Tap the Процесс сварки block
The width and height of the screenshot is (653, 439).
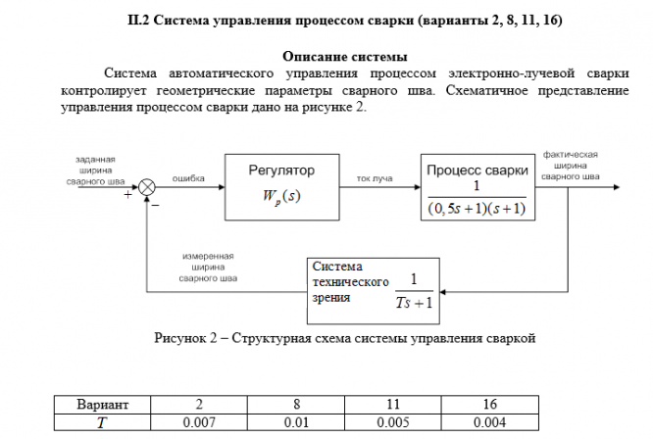point(478,186)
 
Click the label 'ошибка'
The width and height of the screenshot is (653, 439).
point(187,178)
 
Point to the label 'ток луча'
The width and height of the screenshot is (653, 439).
point(376,178)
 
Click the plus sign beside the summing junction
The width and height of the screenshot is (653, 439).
point(127,195)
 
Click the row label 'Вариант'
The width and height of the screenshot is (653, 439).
point(102,404)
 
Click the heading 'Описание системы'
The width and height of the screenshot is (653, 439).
point(345,56)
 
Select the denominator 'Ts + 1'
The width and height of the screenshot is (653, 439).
point(415,302)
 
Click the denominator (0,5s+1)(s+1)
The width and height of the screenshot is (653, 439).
point(477,207)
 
